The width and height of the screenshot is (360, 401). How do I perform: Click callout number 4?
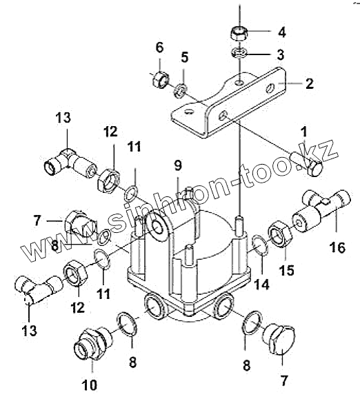[x=281, y=32]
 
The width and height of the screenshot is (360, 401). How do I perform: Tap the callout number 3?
[x=281, y=54]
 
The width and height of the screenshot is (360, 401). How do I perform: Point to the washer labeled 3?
[x=239, y=53]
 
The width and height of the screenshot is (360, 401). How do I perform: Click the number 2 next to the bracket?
[x=310, y=83]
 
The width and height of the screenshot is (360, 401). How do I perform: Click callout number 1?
[x=303, y=132]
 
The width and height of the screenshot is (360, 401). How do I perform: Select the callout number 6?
[x=159, y=48]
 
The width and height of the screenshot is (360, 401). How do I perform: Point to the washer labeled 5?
[x=181, y=90]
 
